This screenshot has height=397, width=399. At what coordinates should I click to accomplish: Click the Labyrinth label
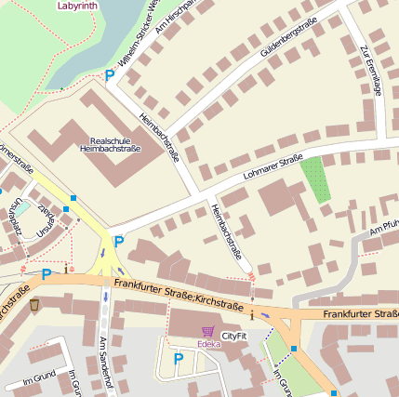(x=76, y=6)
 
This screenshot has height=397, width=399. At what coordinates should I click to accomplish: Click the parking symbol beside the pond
(x=110, y=75)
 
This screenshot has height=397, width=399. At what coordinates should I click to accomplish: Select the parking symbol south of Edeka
(x=178, y=358)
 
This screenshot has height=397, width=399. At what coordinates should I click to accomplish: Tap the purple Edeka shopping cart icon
(x=207, y=331)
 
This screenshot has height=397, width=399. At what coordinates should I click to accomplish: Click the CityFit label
(x=234, y=335)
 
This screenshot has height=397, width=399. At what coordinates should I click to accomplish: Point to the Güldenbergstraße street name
(x=289, y=37)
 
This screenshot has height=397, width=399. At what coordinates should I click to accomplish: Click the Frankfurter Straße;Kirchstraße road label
(x=178, y=294)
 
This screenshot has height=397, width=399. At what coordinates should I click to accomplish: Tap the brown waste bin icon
(x=34, y=304)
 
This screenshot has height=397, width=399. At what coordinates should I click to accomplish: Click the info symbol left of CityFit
(x=252, y=312)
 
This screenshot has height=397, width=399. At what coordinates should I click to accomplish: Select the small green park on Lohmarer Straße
(x=316, y=179)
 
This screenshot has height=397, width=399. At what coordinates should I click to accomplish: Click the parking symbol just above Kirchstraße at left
(x=47, y=274)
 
